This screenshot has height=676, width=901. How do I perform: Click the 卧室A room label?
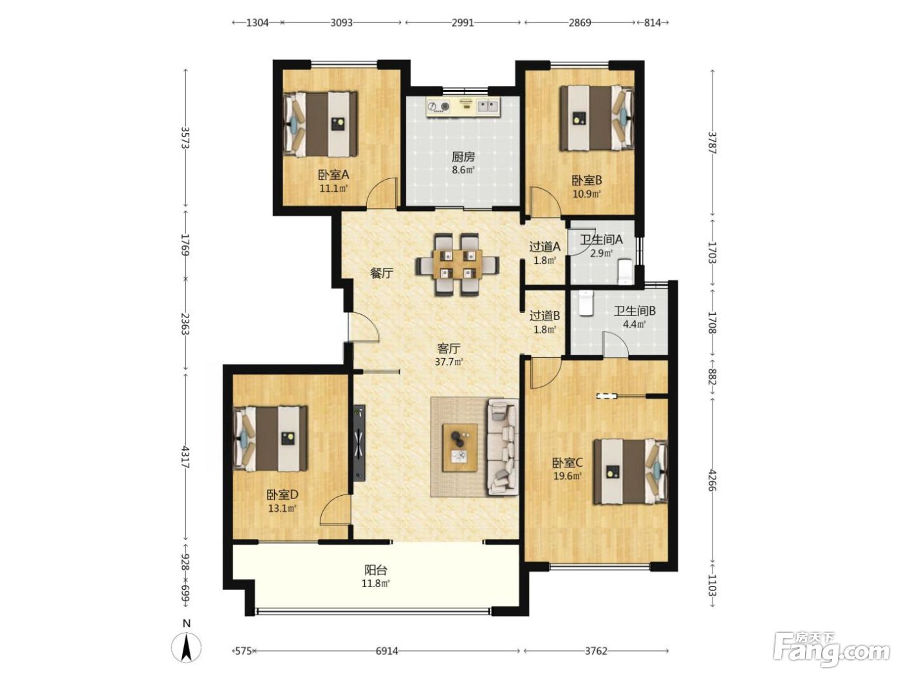(333, 175)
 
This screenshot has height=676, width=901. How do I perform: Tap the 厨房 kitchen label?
(463, 156)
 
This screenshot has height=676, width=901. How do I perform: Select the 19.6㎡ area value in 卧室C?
(567, 476)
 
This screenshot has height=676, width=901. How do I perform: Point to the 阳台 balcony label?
(375, 570)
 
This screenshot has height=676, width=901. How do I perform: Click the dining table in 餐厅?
(458, 265)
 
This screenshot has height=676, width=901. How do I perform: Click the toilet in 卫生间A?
(625, 271)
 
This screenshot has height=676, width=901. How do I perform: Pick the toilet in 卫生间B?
(586, 303)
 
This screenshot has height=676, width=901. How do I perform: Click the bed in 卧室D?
(270, 439)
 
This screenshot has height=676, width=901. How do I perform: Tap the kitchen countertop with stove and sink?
(463, 108)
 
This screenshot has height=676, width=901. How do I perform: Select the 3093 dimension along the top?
(342, 23)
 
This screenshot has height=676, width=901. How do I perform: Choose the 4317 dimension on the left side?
(185, 457)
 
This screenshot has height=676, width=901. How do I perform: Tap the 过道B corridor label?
(544, 316)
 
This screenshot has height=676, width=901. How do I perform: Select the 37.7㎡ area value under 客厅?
(449, 362)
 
